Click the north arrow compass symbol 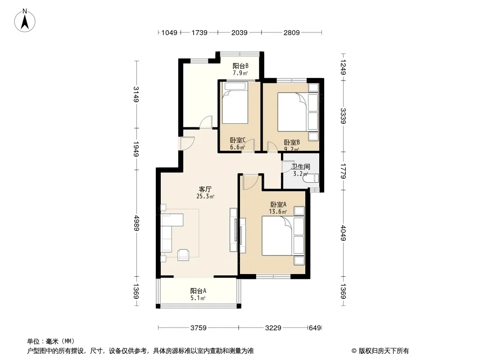(x=25, y=21)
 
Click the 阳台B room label (x=240, y=66)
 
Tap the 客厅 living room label (x=205, y=189)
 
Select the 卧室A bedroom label (x=278, y=204)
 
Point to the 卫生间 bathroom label (x=301, y=166)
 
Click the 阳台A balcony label (x=198, y=291)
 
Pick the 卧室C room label (x=238, y=140)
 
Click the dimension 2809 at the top (x=291, y=32)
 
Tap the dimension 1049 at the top (x=169, y=32)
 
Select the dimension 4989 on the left (x=136, y=223)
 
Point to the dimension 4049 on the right (x=343, y=233)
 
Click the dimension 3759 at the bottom (x=199, y=328)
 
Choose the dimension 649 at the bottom (x=315, y=328)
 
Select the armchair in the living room (x=183, y=255)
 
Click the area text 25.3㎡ (x=205, y=196)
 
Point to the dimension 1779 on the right (x=343, y=171)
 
